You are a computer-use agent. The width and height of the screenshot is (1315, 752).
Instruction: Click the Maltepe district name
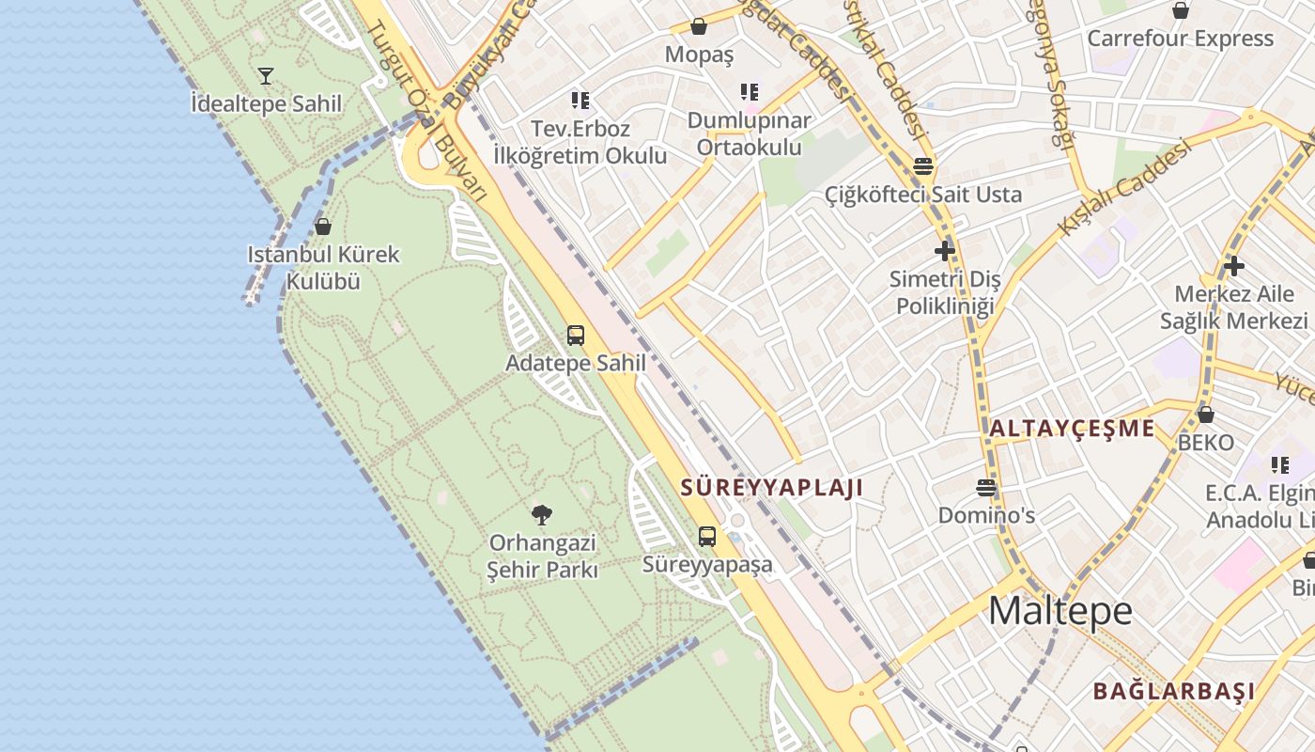1060,611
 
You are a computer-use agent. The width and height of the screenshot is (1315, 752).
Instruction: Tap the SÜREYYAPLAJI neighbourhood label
771,488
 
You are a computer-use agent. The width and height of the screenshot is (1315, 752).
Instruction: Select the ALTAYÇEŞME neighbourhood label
1072,429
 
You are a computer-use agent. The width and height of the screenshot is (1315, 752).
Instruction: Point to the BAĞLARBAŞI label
1173,691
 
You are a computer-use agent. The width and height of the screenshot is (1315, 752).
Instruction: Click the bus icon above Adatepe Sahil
576,335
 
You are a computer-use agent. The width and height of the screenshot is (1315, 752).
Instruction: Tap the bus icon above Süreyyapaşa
707,537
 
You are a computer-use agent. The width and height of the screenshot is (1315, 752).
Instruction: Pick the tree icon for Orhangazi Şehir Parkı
542,514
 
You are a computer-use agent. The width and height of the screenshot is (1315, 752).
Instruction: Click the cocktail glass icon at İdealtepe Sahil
266,75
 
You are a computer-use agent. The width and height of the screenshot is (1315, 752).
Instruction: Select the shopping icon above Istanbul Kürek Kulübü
323,227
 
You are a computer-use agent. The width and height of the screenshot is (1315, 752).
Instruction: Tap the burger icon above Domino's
986,487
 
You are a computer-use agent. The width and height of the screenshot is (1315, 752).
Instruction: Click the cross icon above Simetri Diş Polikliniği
945,251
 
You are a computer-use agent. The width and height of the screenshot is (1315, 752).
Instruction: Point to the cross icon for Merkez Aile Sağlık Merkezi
1233,265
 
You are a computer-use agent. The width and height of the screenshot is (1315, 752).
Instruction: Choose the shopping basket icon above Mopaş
699,26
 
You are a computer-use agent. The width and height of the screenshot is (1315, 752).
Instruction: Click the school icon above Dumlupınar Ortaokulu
749,92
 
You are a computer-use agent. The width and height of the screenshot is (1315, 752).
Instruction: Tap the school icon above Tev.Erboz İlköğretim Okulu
580,100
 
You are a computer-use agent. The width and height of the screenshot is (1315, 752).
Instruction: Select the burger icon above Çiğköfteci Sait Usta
923,166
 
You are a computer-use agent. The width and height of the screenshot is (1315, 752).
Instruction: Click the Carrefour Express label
1180,39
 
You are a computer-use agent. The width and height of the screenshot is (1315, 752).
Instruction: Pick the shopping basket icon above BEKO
1206,414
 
